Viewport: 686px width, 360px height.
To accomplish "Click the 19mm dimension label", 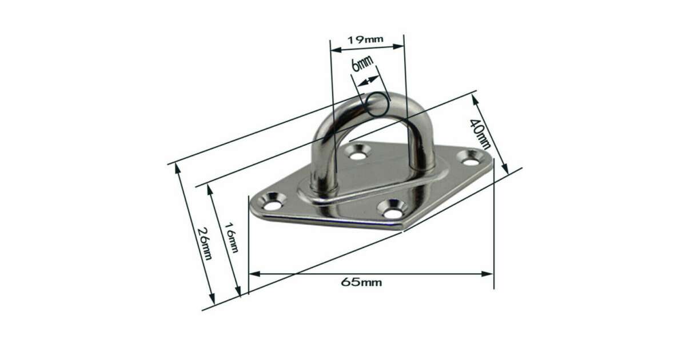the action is tap(365, 39).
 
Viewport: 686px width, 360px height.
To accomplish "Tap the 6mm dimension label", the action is tap(362, 63).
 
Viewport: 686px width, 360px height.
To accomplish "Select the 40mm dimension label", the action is tap(480, 134).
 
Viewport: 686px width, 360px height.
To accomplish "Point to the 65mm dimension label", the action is tap(361, 282).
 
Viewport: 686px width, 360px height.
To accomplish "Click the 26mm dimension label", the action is tap(205, 243).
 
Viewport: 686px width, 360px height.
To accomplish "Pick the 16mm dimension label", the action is tap(232, 238).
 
